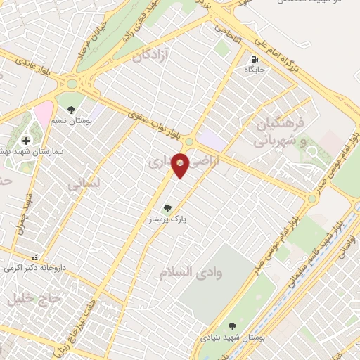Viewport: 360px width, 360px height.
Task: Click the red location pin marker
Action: click(181, 165)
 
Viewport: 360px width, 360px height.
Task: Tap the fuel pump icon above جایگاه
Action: click(253, 59)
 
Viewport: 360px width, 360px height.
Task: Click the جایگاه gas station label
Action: click(253, 70)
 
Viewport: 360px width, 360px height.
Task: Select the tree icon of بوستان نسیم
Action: click(72, 109)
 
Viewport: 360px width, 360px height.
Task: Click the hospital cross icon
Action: click(26, 141)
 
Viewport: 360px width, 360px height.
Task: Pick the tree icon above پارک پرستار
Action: click(167, 208)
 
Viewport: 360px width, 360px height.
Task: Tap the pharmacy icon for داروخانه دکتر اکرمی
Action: click(35, 257)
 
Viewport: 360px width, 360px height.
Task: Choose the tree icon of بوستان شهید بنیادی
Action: click(233, 326)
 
